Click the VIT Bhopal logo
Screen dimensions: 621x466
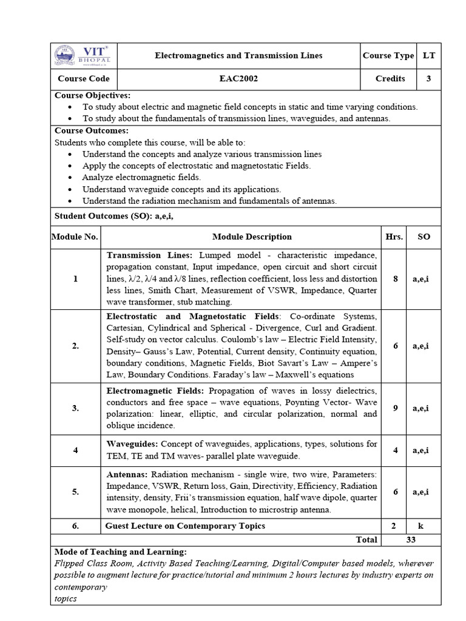click(x=84, y=55)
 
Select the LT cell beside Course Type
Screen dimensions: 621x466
click(x=429, y=55)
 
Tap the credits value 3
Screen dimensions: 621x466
click(x=429, y=78)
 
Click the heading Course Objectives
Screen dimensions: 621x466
click(x=92, y=95)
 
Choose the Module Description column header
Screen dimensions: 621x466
click(x=252, y=237)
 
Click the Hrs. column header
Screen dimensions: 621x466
click(x=394, y=237)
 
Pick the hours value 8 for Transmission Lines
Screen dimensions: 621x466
click(x=396, y=279)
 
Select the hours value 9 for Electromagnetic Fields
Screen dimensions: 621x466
click(x=395, y=408)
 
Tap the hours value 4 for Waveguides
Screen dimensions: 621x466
click(x=395, y=450)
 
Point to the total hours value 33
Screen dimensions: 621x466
click(x=411, y=539)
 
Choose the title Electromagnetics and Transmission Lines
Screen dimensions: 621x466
click(x=238, y=55)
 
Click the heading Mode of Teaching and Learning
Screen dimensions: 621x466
click(x=121, y=552)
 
